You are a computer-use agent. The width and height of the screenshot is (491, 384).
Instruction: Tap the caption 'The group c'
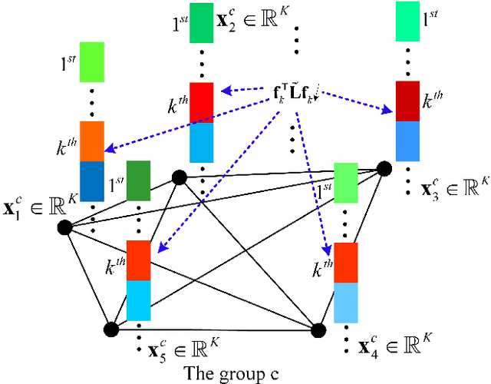pos(232,373)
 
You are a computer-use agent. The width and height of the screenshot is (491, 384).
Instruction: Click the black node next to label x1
pos(64,227)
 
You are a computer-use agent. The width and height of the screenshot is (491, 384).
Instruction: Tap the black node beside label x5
pos(113,329)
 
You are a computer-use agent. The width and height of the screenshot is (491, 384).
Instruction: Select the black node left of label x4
pos(318,329)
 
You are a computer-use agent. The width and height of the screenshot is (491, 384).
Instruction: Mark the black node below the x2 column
pos(180,178)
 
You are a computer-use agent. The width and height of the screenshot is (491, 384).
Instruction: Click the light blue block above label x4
pos(346,303)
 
